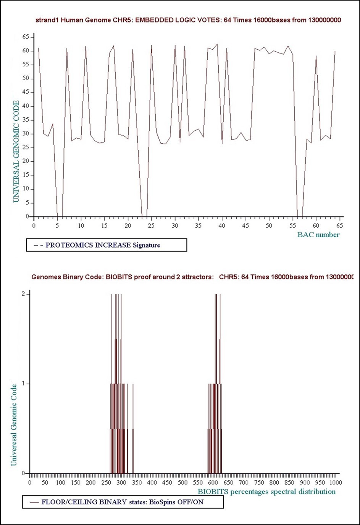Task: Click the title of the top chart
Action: (x=188, y=20)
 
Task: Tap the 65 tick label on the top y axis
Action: (x=26, y=37)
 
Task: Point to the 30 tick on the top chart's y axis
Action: (x=26, y=134)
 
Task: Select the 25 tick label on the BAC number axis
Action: (x=152, y=226)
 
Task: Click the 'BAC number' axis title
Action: (x=318, y=235)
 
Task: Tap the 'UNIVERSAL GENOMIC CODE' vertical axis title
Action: (x=16, y=151)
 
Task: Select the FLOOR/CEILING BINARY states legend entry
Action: (x=122, y=502)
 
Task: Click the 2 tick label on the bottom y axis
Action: (x=23, y=294)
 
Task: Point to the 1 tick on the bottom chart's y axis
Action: (x=23, y=383)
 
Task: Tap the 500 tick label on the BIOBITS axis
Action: (x=182, y=483)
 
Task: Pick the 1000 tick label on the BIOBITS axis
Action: (x=335, y=483)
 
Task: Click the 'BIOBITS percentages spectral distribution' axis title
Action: (x=266, y=492)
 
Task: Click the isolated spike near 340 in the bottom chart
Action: (x=133, y=428)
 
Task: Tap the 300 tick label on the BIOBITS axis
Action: (x=121, y=483)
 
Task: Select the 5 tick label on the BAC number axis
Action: (x=57, y=226)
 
